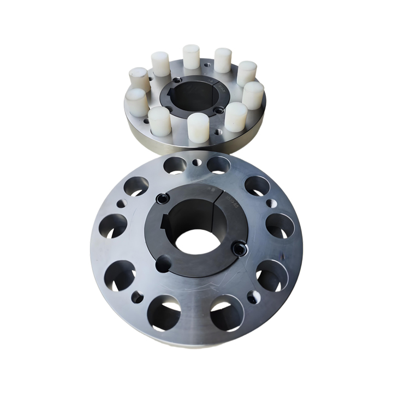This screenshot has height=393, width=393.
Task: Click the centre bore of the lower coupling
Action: tap(196, 241)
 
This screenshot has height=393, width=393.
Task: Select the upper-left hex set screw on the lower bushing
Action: tap(162, 199)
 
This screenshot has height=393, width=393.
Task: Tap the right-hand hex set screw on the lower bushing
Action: tap(239, 249)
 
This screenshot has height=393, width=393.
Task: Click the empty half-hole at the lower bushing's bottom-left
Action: tap(163, 264)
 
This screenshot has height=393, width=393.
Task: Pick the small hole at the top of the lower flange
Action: tap(196, 162)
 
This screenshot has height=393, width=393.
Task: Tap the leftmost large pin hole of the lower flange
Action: tap(114, 225)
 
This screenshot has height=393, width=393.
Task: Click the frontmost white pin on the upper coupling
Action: tap(198, 128)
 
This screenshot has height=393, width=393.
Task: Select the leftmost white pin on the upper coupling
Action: tap(136, 102)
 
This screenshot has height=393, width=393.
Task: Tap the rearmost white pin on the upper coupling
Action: tap(191, 56)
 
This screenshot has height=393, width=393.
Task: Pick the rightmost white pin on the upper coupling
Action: tap(253, 95)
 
